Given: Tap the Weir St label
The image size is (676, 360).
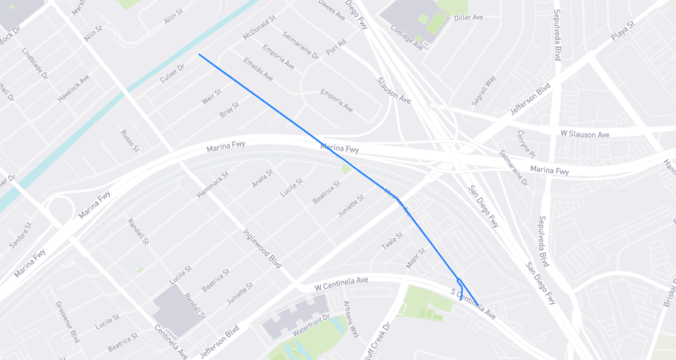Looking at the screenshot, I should [211, 98].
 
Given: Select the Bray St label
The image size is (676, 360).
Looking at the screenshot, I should [229, 110].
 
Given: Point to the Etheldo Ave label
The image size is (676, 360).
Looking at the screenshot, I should [258, 69].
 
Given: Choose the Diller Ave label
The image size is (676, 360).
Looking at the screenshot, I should [469, 17].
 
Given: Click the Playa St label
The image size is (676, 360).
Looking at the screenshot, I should [622, 30].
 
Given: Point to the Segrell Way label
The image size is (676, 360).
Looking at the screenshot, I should [483, 90].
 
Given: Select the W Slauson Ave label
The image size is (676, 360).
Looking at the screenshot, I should [585, 134].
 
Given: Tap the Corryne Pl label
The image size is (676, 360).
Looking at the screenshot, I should [526, 143].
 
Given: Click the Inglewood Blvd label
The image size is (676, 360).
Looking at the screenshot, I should [262, 248].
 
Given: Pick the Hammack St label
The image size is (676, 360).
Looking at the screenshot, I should [212, 185].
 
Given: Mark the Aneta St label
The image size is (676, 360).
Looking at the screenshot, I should [262, 178].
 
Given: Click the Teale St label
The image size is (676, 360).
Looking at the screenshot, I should [392, 241].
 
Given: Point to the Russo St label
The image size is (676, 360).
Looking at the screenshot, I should [129, 141].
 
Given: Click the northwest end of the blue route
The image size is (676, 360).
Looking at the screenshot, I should [199, 55].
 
